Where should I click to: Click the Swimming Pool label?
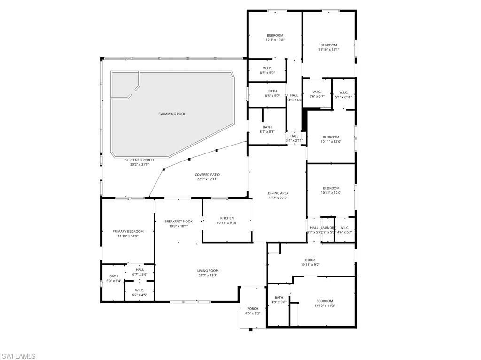(172, 114)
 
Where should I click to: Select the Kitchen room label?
(227, 218)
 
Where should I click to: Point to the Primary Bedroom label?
(128, 231)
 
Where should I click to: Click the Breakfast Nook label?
(178, 221)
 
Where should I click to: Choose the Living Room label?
(207, 271)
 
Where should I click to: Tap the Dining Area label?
(278, 193)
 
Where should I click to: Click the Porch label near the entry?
(253, 308)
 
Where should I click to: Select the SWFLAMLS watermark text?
(19, 356)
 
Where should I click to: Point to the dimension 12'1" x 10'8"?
(275, 40)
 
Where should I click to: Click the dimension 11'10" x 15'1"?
(329, 50)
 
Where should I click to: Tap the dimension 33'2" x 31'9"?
(140, 165)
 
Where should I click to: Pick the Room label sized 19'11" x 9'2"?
(310, 260)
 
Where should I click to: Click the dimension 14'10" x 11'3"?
(324, 306)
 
